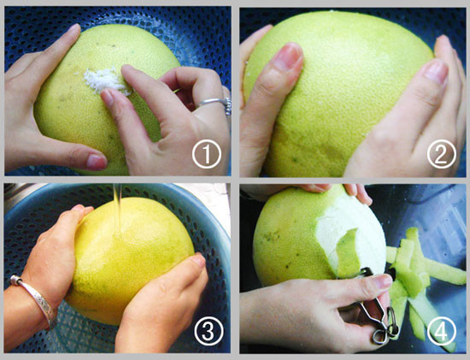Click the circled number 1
[x=207, y=154]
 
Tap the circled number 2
[x=442, y=154]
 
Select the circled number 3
[x=209, y=331]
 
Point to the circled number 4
[x=442, y=331]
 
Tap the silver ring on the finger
[x=216, y=104]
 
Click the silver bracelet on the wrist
[x=35, y=300]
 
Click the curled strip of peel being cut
[x=349, y=253]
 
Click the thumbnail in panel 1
[x=97, y=162]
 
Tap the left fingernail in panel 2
[x=288, y=56]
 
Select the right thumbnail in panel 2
[x=435, y=72]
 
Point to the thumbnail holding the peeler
[x=383, y=281]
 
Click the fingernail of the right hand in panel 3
[x=199, y=260]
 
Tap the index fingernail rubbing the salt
[x=108, y=97]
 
